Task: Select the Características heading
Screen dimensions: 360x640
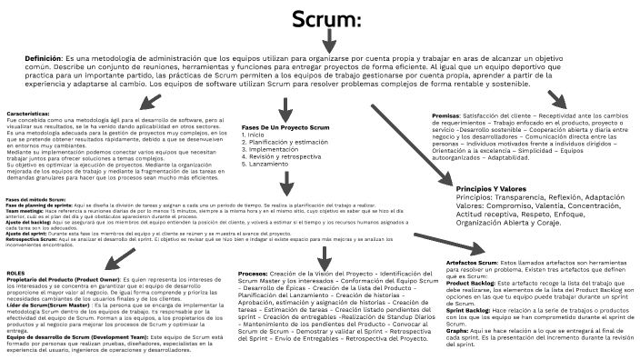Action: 26,114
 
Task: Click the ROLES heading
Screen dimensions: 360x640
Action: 15,272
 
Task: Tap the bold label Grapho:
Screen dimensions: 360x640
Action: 458,331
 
